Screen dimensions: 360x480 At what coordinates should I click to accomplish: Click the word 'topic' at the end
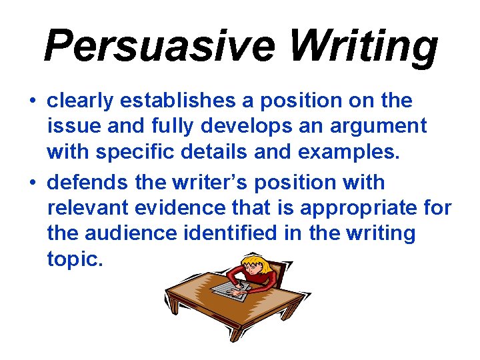(73, 260)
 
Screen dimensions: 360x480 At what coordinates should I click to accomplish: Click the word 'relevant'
(87, 208)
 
